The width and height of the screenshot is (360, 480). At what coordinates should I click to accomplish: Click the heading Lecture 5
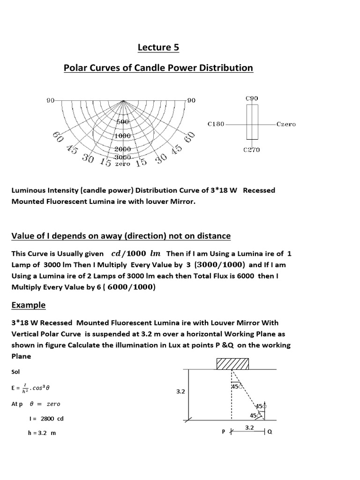(158, 47)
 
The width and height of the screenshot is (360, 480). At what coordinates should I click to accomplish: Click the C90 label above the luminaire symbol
(252, 98)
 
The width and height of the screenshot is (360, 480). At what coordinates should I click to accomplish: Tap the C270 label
(252, 150)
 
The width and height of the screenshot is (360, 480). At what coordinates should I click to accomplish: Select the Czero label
(286, 125)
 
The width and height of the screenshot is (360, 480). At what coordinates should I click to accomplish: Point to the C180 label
(216, 125)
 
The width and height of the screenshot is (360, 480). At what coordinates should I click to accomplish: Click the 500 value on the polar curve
(123, 122)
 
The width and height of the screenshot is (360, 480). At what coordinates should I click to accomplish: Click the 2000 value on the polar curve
(123, 149)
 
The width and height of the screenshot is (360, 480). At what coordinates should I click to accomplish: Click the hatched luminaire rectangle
(232, 363)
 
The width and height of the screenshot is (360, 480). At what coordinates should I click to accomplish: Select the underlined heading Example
(29, 305)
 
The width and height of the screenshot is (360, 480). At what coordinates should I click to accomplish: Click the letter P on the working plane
(224, 432)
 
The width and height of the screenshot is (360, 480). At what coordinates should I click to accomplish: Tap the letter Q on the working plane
(270, 432)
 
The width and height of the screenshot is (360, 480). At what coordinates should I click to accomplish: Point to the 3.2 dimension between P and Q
(249, 427)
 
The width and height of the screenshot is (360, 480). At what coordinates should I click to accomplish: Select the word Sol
(15, 372)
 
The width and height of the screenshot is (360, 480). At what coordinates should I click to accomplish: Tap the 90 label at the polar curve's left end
(50, 100)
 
